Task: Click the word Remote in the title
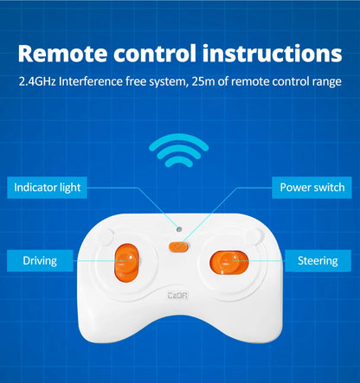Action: coord(62,54)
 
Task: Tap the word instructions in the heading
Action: coord(273,53)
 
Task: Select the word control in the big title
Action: coord(155,53)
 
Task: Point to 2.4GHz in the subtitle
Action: coord(37,81)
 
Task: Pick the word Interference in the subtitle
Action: coord(91,81)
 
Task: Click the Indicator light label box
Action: coord(47,188)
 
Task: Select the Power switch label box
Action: coord(312,188)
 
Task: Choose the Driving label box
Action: coord(40,261)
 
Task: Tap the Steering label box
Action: coord(318,261)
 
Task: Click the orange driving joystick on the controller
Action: coord(127,263)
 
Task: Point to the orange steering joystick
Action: coord(229,263)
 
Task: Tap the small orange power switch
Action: coord(179,247)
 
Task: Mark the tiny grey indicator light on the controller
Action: coord(179,229)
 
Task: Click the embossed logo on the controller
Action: coord(177,296)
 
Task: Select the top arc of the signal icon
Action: coord(179,138)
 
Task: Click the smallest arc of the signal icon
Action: coord(179,161)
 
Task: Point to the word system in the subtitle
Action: coord(168,82)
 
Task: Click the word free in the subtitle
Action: coord(136,81)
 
